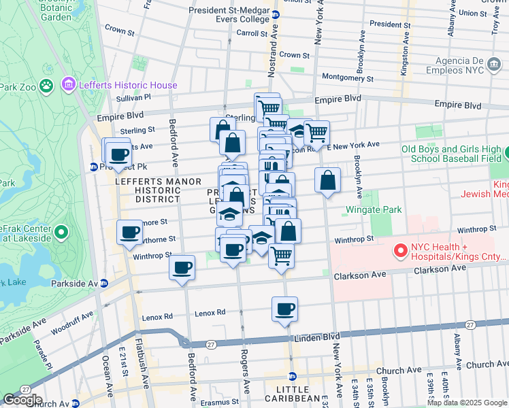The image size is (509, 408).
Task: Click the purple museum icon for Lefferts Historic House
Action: pyautogui.click(x=68, y=85)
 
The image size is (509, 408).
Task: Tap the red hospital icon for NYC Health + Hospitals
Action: pyautogui.click(x=399, y=252)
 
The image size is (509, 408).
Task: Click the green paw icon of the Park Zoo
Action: pyautogui.click(x=46, y=86)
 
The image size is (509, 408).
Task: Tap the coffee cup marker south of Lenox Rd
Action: pyautogui.click(x=285, y=309)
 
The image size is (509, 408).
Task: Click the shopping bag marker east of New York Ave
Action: pyautogui.click(x=327, y=181)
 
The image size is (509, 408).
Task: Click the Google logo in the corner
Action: pyautogui.click(x=22, y=400)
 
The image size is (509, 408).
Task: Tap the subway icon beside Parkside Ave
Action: pyautogui.click(x=104, y=284)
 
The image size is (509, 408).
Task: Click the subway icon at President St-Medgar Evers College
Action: pyautogui.click(x=275, y=14)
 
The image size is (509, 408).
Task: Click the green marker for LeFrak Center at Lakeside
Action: pyautogui.click(x=61, y=233)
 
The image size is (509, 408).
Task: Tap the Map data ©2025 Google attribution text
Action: pyautogui.click(x=467, y=403)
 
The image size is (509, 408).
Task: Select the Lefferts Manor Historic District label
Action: pyautogui.click(x=148, y=190)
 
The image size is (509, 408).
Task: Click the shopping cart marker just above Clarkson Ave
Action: pyautogui.click(x=281, y=256)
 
